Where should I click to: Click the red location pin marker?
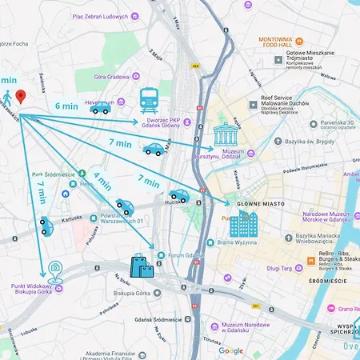pyautogui.click(x=21, y=96)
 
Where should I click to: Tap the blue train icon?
pyautogui.click(x=149, y=99)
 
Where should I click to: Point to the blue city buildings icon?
pyautogui.click(x=244, y=225)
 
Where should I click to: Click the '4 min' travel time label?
pyautogui.click(x=102, y=181)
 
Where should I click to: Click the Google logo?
pyautogui.click(x=230, y=350)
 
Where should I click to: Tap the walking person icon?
pyautogui.click(x=7, y=98)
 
